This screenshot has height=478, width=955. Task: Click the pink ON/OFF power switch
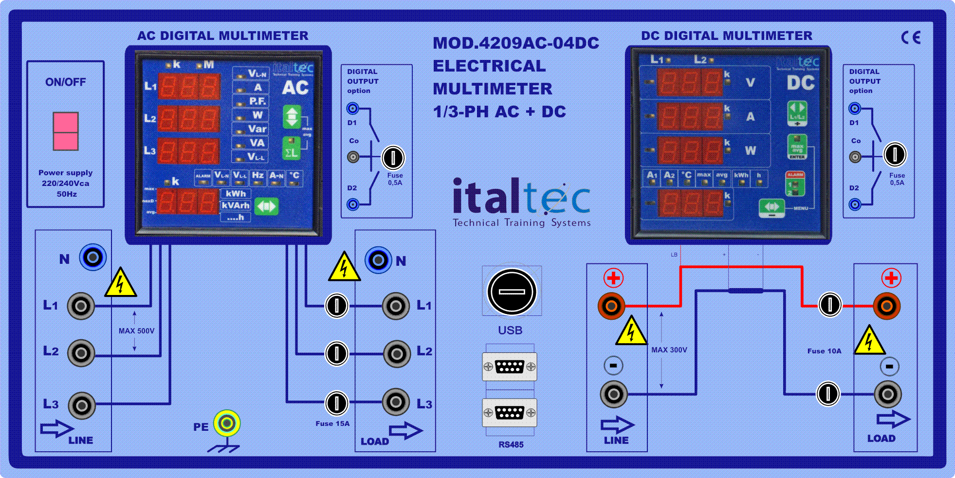click(x=66, y=131)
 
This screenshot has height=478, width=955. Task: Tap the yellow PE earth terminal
click(x=227, y=423)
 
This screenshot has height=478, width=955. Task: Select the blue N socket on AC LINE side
click(x=93, y=257)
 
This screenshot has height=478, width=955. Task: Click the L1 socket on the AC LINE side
click(x=81, y=306)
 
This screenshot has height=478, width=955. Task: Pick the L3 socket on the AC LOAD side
click(x=396, y=402)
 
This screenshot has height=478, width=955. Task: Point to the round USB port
click(x=512, y=292)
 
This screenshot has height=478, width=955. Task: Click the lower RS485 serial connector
click(x=510, y=413)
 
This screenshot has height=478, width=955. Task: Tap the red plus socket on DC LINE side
click(x=611, y=306)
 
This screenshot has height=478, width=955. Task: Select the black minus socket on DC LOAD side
click(x=888, y=394)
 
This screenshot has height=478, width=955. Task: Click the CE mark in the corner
click(x=911, y=37)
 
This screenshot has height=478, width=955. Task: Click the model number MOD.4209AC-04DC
click(x=516, y=43)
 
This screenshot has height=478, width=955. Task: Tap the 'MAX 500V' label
click(x=136, y=331)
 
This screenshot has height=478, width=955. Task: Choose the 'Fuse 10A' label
click(x=824, y=351)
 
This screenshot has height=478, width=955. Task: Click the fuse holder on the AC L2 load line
click(x=336, y=353)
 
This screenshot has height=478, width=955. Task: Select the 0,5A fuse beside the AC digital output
click(x=393, y=157)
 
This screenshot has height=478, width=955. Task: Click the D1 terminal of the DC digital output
click(x=855, y=108)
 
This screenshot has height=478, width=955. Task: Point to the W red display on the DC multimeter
click(x=690, y=150)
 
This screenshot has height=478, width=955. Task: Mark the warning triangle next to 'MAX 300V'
click(x=631, y=331)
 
